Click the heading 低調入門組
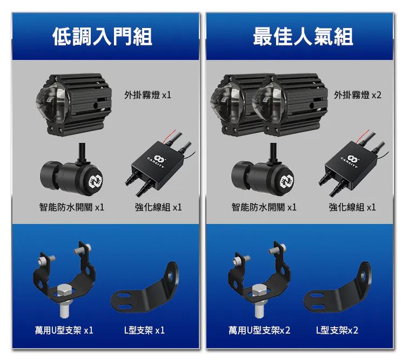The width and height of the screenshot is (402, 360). pyautogui.click(x=102, y=37)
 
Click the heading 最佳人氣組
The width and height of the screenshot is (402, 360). pyautogui.click(x=303, y=37)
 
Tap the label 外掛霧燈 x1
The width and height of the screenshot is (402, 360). pyautogui.click(x=148, y=95)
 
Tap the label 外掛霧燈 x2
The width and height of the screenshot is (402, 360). pyautogui.click(x=357, y=95)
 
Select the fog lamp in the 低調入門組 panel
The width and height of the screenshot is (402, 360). pyautogui.click(x=74, y=105)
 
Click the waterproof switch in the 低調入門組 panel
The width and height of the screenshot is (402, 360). pyautogui.click(x=71, y=171)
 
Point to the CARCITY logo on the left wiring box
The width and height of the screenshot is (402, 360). pyautogui.click(x=156, y=162)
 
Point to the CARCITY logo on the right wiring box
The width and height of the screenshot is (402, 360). pyautogui.click(x=350, y=162)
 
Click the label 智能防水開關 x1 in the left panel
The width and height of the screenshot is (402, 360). pyautogui.click(x=71, y=207)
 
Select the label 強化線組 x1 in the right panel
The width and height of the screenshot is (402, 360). pyautogui.click(x=352, y=207)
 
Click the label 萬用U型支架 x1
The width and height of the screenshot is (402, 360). pyautogui.click(x=64, y=330)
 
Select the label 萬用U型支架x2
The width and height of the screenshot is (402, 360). pyautogui.click(x=259, y=330)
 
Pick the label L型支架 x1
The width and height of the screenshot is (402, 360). pyautogui.click(x=144, y=330)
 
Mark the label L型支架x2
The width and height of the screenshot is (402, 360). pyautogui.click(x=337, y=330)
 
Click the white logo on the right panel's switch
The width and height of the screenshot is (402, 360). pyautogui.click(x=287, y=181)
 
